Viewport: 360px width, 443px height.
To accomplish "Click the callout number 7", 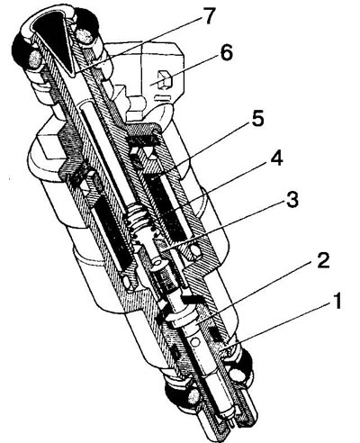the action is coord(208,16).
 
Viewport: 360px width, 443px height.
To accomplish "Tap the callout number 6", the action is coord(226,53).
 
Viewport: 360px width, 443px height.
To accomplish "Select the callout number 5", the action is coord(257,118).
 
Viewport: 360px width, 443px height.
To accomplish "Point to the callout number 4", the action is coord(276,159).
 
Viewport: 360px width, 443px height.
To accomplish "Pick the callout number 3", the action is coord(292,199).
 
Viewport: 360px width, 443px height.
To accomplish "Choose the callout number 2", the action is coord(322,261).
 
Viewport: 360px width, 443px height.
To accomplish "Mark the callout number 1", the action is coord(337,301).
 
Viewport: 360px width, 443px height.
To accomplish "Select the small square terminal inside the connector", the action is coord(165,79).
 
